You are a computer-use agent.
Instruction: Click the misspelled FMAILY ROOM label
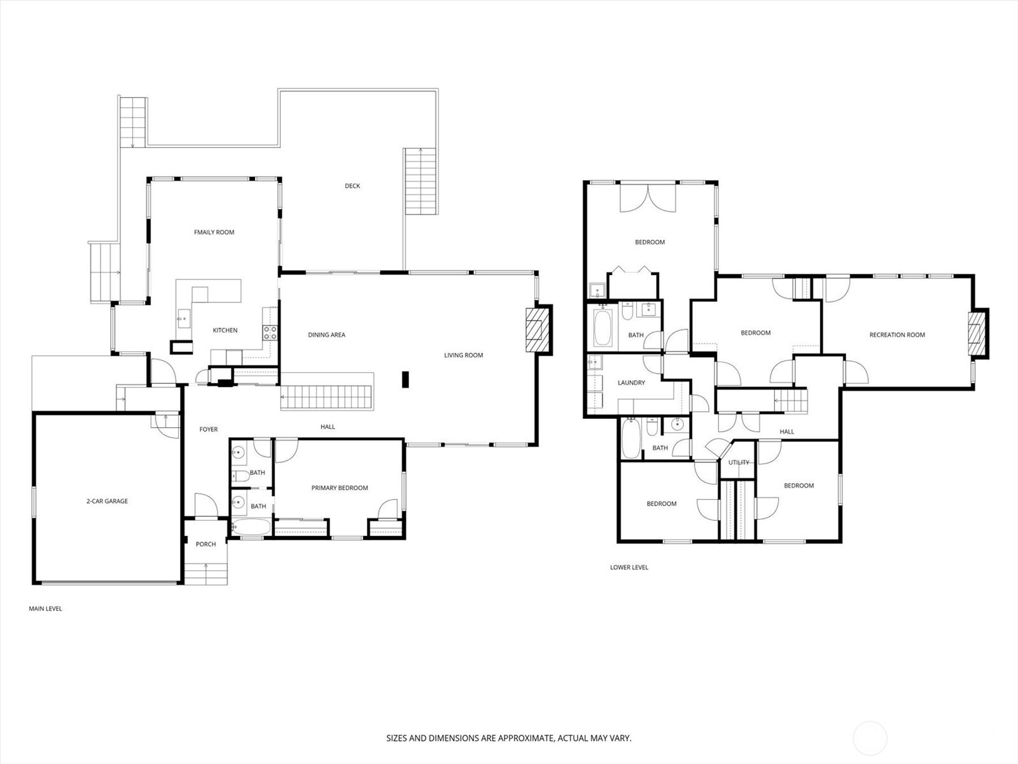214,232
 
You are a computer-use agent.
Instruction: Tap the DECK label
352,186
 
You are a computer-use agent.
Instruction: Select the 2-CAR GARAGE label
107,501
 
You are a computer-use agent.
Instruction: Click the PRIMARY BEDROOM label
339,488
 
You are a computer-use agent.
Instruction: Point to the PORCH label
206,544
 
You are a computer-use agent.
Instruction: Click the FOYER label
208,430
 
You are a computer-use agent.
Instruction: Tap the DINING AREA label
326,335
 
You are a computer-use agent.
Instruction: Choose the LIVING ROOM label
463,355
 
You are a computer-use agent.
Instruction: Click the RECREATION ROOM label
896,335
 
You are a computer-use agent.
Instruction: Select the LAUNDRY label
631,383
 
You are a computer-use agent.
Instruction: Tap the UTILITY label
739,462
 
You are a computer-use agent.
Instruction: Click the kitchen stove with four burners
270,332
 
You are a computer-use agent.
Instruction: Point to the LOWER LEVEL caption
629,567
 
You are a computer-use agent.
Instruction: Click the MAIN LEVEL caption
45,609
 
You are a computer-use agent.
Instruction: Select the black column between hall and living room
405,379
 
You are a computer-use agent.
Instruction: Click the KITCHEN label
225,330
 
